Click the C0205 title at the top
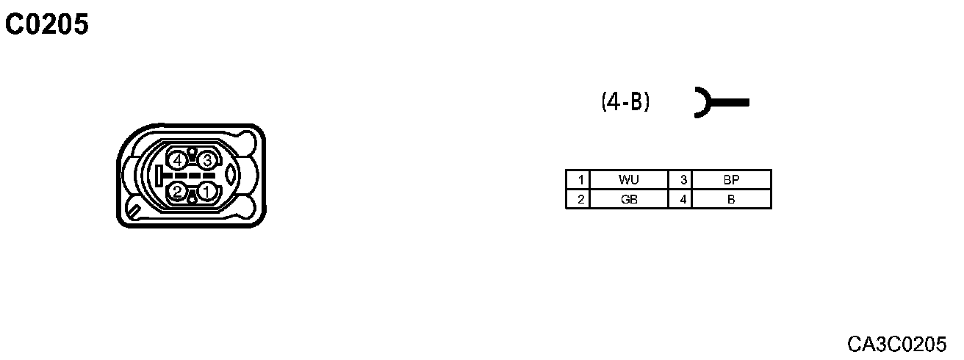click(47, 25)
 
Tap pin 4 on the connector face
click(177, 159)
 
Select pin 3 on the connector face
click(207, 159)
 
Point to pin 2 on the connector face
click(177, 192)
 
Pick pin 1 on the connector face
click(207, 192)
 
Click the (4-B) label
click(625, 101)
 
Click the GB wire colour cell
click(628, 199)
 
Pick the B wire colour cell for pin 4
click(730, 199)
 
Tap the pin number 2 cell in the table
click(580, 199)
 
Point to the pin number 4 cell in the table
click(683, 199)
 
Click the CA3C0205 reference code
click(896, 343)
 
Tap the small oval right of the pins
click(230, 176)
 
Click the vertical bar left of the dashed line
click(159, 176)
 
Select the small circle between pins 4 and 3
click(193, 153)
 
